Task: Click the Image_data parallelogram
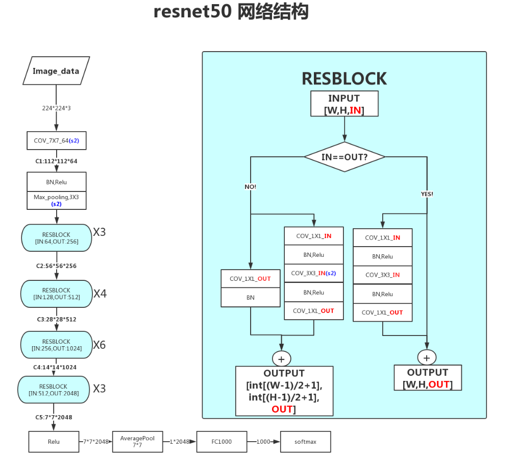tap(56, 70)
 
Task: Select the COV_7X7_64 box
tap(56, 140)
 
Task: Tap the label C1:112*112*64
tap(56, 161)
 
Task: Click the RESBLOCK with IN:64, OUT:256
tap(56, 238)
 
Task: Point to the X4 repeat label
tap(100, 294)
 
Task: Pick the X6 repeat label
tap(100, 345)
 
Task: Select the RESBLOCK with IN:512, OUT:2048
tap(53, 389)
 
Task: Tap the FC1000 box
tap(221, 441)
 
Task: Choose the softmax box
tap(305, 441)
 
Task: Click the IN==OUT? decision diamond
tap(344, 157)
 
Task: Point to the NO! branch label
tap(250, 187)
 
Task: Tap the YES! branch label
tap(427, 194)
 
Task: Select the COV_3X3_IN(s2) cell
tap(313, 273)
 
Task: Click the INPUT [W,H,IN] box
tap(344, 104)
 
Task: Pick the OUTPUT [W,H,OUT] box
tap(427, 378)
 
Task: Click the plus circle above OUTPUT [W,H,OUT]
tap(427, 356)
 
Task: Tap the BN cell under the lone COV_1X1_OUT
tap(250, 297)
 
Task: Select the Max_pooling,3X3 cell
tap(56, 200)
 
